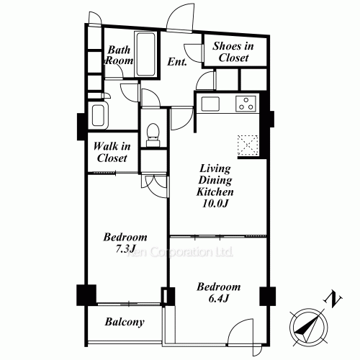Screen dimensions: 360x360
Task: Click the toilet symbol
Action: point(153,135)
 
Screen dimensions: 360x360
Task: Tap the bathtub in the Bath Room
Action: point(145,55)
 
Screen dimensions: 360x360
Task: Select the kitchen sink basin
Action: point(210,104)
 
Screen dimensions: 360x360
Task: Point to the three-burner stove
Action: point(246,104)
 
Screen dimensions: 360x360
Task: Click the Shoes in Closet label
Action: point(233,52)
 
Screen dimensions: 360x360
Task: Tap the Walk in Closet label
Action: point(112,152)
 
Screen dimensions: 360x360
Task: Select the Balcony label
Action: point(125,322)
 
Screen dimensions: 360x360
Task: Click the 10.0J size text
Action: point(215,204)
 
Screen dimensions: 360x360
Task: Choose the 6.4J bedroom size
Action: point(218,298)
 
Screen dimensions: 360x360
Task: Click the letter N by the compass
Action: point(333,299)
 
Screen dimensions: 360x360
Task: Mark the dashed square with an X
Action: point(248,145)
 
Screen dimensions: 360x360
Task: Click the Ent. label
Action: point(177,62)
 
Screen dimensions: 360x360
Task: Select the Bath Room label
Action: point(120,55)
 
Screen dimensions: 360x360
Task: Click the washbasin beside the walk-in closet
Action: point(99,115)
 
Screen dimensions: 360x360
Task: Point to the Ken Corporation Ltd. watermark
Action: point(180,252)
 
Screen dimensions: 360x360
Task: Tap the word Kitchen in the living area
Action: point(215,192)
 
